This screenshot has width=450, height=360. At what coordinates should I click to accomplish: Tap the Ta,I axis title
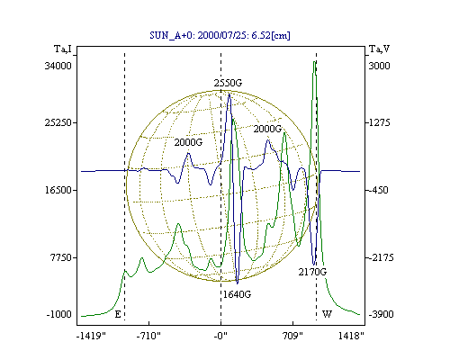(63, 49)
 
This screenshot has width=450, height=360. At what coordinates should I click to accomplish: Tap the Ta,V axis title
(379, 49)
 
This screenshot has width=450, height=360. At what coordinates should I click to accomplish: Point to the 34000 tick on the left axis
(58, 66)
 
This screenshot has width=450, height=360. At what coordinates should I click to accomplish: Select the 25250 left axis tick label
(58, 122)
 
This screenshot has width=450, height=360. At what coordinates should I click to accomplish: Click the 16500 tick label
(58, 190)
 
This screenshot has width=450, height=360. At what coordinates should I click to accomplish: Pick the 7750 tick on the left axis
(61, 257)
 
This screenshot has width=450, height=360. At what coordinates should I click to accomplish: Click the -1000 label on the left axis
(59, 314)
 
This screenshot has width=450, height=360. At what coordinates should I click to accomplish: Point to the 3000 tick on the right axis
(379, 66)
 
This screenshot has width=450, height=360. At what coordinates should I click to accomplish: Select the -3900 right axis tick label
(381, 314)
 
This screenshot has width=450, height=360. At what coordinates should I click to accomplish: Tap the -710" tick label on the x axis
(148, 336)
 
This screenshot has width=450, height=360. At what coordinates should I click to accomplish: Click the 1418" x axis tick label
(351, 336)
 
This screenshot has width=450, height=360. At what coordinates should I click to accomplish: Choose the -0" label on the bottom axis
(220, 336)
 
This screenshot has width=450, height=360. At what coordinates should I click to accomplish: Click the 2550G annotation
(228, 83)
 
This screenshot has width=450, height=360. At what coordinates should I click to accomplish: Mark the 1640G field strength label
(237, 294)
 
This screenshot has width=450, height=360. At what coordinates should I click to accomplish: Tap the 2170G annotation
(312, 272)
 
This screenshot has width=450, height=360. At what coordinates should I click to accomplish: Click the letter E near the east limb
(118, 314)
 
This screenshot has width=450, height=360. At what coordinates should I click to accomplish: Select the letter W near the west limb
(327, 314)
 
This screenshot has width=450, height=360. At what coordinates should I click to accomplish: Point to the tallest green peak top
(314, 61)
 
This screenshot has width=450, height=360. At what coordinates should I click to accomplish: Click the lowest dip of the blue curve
(238, 283)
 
